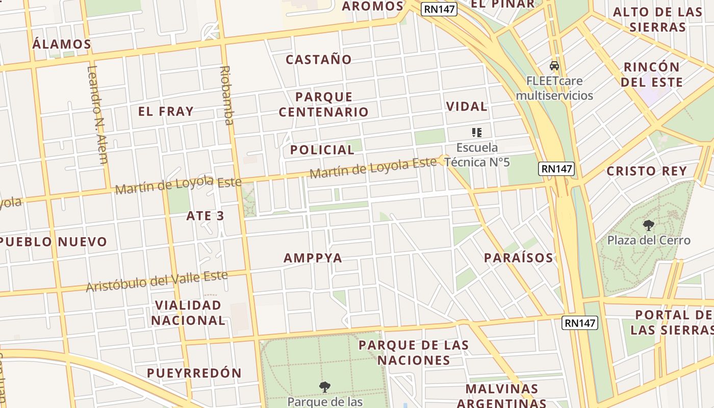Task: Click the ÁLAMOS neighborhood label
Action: (62, 44)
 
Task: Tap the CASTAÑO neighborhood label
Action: (319, 59)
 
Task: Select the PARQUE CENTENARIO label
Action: (324, 104)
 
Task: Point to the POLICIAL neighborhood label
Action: (322, 149)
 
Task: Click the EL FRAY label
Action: (166, 111)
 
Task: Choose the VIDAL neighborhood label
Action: (467, 106)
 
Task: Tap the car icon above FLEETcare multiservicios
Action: (554, 66)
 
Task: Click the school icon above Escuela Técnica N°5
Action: (477, 133)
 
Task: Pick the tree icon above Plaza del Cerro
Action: (649, 225)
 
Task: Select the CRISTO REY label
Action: (647, 171)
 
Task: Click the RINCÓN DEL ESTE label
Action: (653, 74)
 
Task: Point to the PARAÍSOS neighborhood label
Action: (518, 258)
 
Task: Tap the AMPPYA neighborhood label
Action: (313, 258)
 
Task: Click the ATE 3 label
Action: (205, 216)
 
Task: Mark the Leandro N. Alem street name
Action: (97, 115)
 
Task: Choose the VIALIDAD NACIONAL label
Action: (188, 313)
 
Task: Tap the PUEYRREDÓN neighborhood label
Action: (194, 373)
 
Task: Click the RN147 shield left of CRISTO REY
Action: (556, 169)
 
